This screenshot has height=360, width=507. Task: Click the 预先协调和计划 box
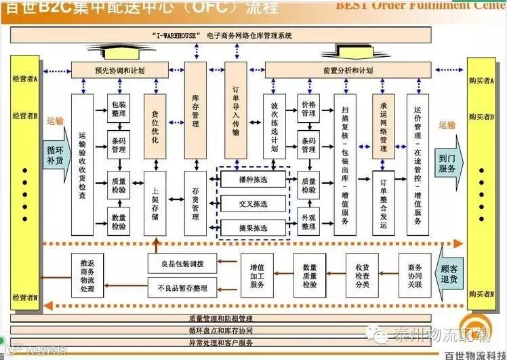point(119,70)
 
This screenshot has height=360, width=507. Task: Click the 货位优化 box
point(155,127)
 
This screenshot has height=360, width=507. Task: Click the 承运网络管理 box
point(383,127)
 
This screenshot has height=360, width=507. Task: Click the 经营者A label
point(25,79)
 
